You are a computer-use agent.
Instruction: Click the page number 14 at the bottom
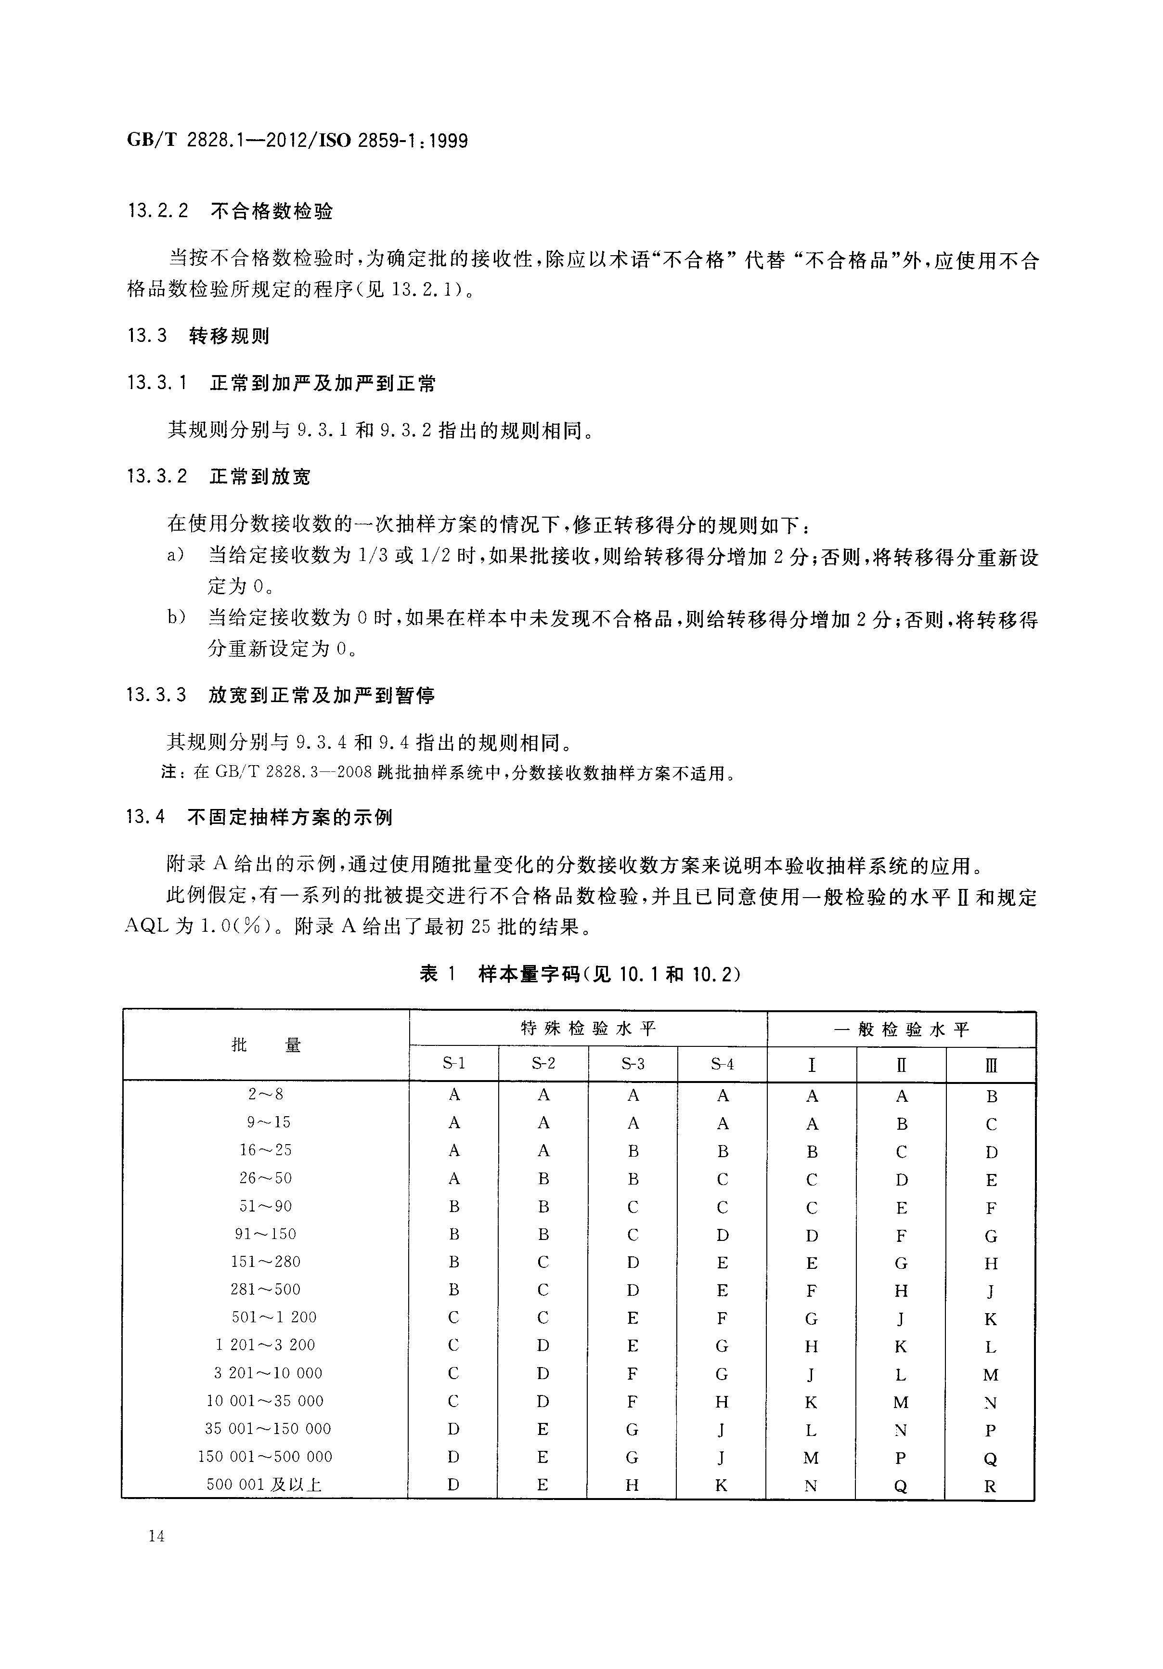(x=155, y=1535)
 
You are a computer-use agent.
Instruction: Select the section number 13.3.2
(x=157, y=476)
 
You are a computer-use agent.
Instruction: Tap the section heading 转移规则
(x=229, y=335)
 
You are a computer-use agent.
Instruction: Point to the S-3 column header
(x=633, y=1064)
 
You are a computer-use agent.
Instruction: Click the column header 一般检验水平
(x=901, y=1029)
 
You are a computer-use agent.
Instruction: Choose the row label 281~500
(x=265, y=1289)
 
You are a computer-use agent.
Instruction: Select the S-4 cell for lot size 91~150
(x=722, y=1234)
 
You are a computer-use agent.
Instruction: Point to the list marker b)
(x=177, y=618)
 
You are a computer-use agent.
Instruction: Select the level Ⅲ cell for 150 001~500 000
(x=990, y=1458)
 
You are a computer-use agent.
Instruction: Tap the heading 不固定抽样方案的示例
(x=290, y=817)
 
